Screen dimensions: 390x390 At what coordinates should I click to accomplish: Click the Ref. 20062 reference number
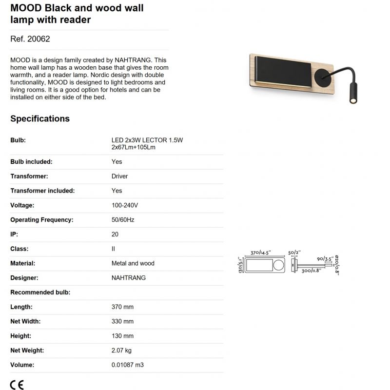click(30, 39)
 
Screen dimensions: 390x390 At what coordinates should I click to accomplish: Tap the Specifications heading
click(40, 118)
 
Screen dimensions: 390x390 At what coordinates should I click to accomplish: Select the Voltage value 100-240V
click(124, 205)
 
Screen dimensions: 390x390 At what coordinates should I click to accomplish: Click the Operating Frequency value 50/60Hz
click(123, 220)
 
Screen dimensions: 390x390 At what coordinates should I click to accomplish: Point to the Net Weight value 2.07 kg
click(122, 350)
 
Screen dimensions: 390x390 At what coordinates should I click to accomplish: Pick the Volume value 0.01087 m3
click(128, 365)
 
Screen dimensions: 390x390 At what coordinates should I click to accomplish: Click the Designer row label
click(24, 278)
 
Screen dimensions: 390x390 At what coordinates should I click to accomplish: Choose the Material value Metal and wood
click(133, 263)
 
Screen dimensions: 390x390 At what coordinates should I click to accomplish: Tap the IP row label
click(14, 234)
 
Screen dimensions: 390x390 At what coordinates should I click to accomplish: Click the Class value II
click(113, 249)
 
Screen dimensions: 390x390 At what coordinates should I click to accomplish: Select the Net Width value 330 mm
click(122, 321)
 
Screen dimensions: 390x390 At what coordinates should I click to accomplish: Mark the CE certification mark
click(17, 384)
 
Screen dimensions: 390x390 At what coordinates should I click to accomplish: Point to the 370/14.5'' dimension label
click(261, 253)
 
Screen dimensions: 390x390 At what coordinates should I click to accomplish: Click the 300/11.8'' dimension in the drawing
click(310, 271)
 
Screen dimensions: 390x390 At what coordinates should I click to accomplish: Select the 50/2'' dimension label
click(294, 253)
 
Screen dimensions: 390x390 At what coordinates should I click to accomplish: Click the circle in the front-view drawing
click(277, 266)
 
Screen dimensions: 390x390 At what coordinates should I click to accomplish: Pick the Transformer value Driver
click(119, 176)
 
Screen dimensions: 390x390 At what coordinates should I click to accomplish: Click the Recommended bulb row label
click(40, 292)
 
